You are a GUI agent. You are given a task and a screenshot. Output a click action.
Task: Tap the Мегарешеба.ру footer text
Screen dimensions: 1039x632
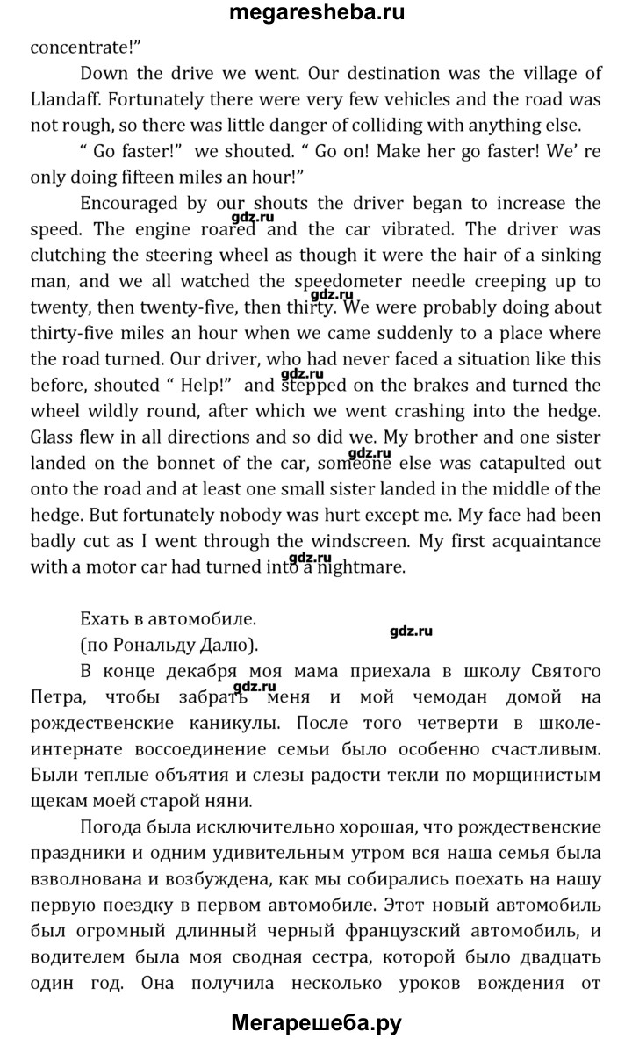point(316,1021)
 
